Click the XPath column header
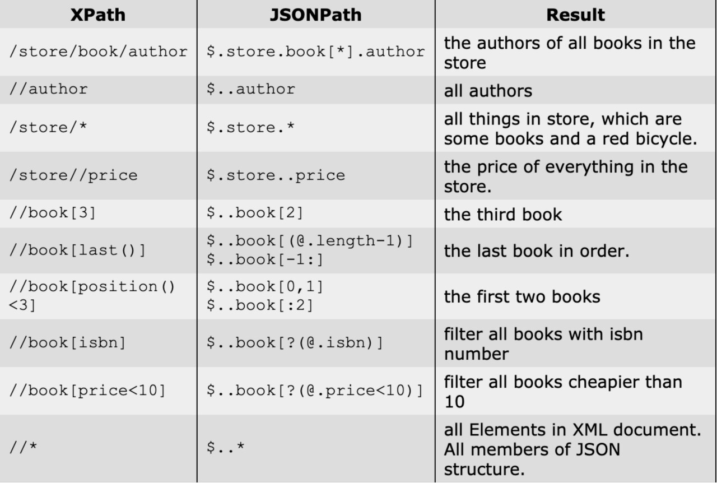(x=98, y=15)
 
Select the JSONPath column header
(x=315, y=15)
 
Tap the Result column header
(x=575, y=15)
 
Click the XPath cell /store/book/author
(x=98, y=52)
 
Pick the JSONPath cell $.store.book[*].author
(x=315, y=52)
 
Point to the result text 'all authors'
(x=488, y=91)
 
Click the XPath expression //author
(x=48, y=89)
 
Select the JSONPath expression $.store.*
(x=250, y=127)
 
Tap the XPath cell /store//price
(x=73, y=175)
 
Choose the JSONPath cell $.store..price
(x=276, y=175)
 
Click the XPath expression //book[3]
(x=53, y=213)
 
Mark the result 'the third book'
(x=503, y=214)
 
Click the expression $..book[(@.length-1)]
(x=310, y=240)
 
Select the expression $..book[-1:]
(x=265, y=259)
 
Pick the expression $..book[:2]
(x=260, y=305)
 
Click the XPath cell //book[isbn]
(x=68, y=343)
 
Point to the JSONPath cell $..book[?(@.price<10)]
(x=315, y=391)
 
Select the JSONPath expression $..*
(x=225, y=447)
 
